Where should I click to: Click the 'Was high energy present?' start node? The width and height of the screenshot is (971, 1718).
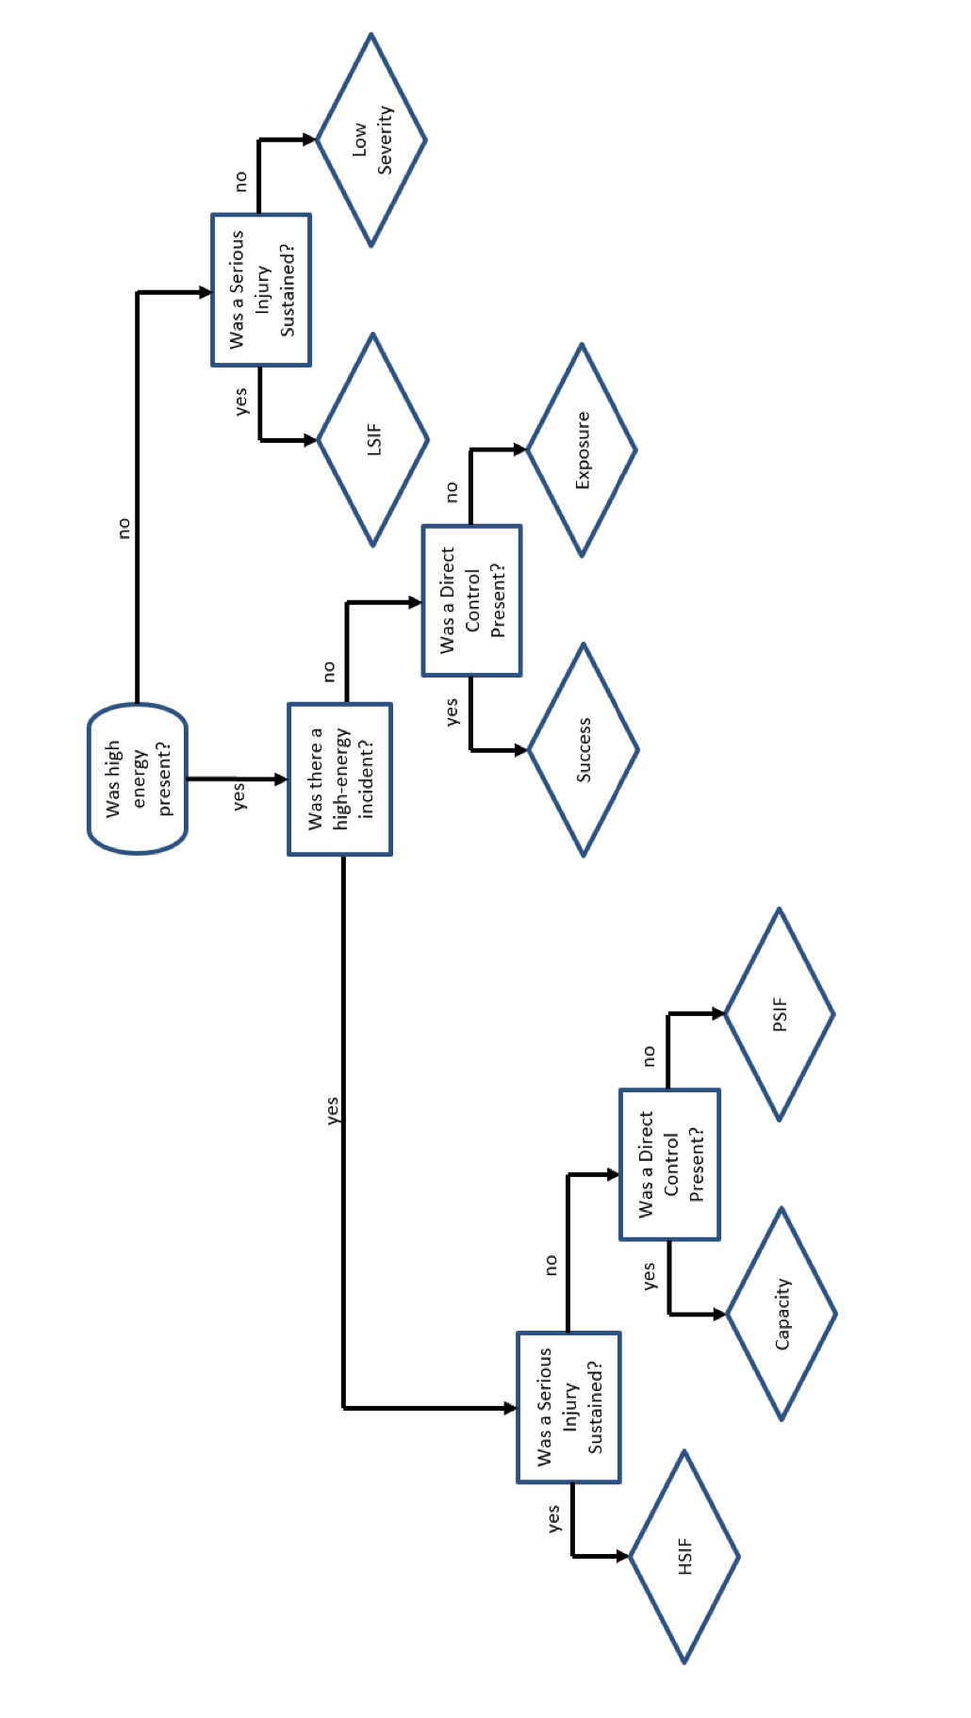tap(138, 778)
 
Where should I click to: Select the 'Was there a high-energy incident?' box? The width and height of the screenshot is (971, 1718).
tap(339, 778)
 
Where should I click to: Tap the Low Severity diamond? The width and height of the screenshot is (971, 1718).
tap(371, 139)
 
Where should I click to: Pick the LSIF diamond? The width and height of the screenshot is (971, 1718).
tap(373, 439)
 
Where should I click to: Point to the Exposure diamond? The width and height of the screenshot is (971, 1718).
tap(582, 450)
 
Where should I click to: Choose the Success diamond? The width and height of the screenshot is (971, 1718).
tap(584, 750)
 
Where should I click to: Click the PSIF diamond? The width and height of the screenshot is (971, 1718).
tap(780, 1014)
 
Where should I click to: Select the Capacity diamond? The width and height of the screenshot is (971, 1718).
tap(782, 1314)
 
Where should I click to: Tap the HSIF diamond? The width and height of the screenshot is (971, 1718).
tap(684, 1557)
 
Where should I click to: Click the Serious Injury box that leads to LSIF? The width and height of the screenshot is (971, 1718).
tap(261, 289)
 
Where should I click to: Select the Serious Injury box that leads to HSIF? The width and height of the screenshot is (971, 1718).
tap(568, 1407)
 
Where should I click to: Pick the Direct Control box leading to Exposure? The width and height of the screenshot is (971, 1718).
tap(471, 600)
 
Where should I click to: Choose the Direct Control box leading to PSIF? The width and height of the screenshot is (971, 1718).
tap(669, 1164)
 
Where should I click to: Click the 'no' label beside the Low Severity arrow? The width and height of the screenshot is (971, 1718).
tap(241, 181)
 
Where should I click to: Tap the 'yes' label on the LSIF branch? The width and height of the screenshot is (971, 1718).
tap(241, 401)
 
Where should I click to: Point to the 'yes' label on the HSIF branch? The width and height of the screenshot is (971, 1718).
tap(553, 1518)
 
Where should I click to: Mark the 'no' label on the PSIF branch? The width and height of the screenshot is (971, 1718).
tap(649, 1055)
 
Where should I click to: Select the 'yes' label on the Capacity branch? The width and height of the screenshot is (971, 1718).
tap(649, 1276)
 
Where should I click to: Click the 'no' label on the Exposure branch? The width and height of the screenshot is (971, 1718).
tap(452, 491)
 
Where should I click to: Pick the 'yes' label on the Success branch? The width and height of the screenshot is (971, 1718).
tap(452, 712)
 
